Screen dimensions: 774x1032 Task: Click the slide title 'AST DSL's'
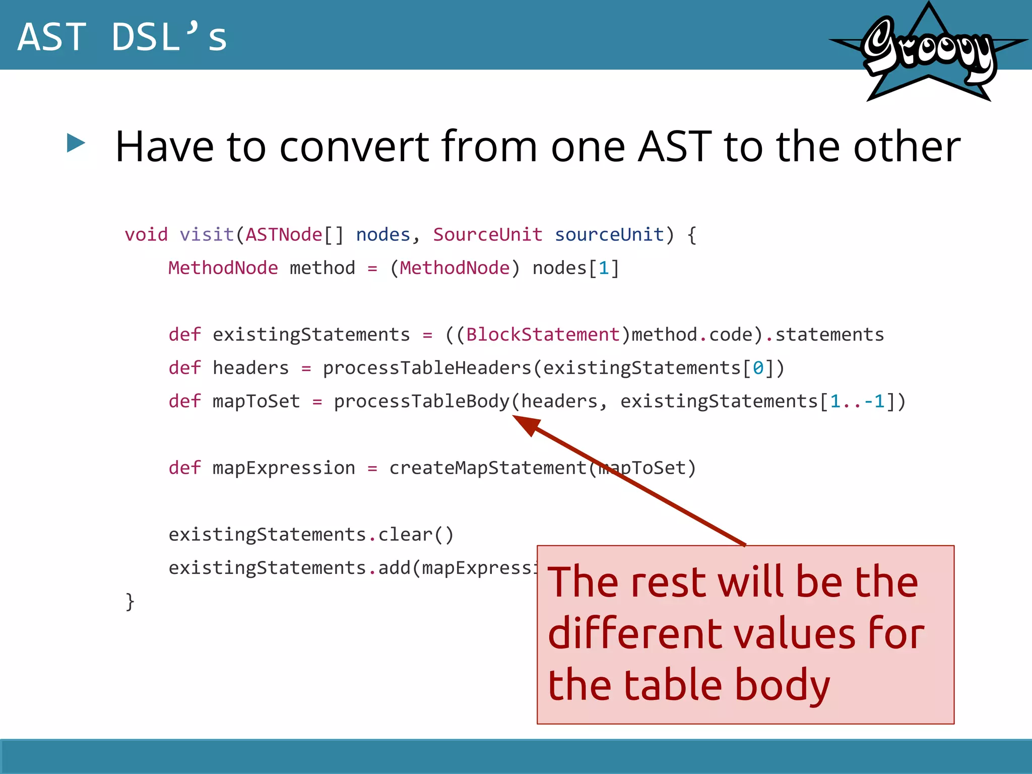pos(122,37)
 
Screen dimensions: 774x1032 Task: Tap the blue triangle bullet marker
pos(76,143)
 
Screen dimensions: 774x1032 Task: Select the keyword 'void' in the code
pos(146,235)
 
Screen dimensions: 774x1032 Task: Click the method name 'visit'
pos(207,235)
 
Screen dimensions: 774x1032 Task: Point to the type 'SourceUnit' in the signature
pos(487,235)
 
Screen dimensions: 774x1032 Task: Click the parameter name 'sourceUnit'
pos(609,235)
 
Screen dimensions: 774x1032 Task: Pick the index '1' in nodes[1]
pos(604,268)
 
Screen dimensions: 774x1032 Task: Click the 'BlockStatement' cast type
pos(543,335)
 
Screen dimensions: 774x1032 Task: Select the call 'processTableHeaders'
pos(427,368)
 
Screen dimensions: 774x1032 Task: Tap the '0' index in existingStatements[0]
pos(758,368)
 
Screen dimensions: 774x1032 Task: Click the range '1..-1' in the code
pos(857,401)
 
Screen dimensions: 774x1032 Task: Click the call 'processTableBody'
pos(422,401)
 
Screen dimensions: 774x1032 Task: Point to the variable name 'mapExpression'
pos(284,468)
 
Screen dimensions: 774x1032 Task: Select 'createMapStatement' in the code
pos(488,468)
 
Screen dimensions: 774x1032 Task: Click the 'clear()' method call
pos(416,535)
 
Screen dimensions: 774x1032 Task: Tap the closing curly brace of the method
pos(130,602)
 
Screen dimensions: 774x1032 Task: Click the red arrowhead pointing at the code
pos(527,424)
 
